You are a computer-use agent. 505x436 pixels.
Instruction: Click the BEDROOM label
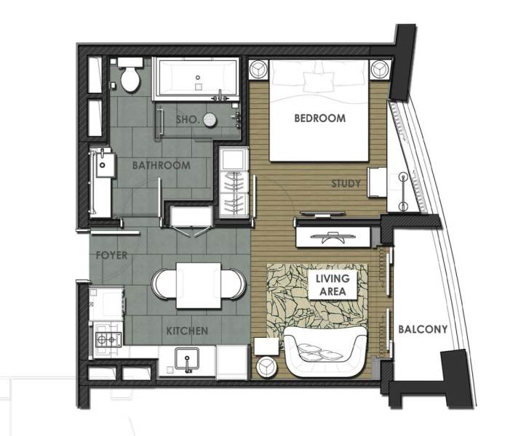[319, 118]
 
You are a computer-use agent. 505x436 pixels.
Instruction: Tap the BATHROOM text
[161, 166]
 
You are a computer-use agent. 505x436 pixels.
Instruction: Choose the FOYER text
[111, 256]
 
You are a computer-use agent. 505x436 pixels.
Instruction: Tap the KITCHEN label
[188, 331]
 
